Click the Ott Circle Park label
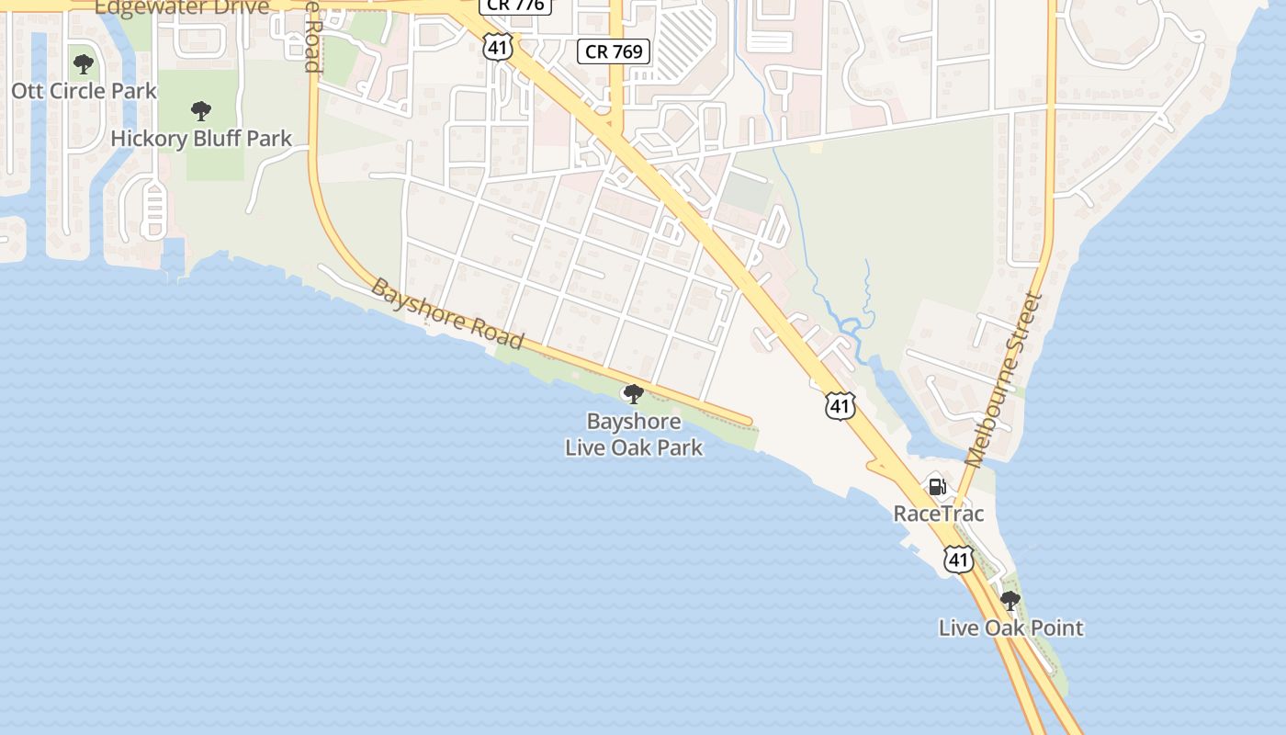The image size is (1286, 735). [x=85, y=91]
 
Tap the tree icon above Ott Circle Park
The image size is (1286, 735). [x=84, y=64]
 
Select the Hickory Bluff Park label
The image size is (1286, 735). [x=201, y=139]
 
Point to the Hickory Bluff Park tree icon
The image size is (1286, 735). [x=201, y=112]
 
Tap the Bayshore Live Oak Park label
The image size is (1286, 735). [x=634, y=435]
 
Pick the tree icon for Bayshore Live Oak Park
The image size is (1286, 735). [x=633, y=394]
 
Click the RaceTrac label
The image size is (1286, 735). [x=939, y=514]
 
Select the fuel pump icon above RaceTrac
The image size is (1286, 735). [x=937, y=486]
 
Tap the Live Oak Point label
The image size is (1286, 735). [x=1010, y=628]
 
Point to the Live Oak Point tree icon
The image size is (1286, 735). [x=1010, y=602]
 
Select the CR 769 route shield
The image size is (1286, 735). [x=615, y=51]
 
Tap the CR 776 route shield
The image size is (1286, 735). [x=515, y=6]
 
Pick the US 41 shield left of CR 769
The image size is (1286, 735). [x=498, y=48]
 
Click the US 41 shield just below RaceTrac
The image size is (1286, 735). [x=959, y=559]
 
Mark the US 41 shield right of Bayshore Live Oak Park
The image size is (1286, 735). [x=840, y=405]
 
